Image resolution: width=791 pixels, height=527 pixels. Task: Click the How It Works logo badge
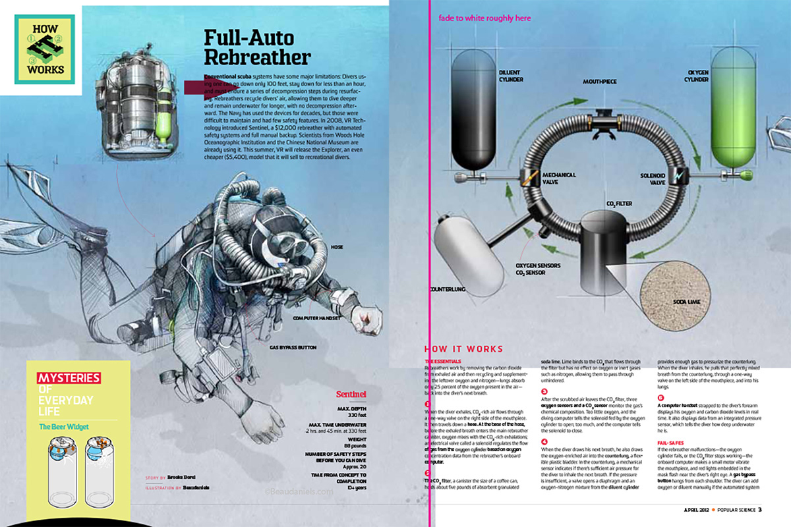45,49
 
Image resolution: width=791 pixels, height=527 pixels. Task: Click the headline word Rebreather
256,57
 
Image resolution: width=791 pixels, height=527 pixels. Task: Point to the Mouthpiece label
599,82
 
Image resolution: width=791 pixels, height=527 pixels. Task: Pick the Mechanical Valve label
559,179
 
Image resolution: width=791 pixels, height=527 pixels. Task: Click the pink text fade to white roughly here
484,18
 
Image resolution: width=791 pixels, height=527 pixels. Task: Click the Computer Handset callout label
318,318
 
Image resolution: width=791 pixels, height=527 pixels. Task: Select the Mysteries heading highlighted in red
69,378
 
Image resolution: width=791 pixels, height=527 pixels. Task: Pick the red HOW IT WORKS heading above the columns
463,349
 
